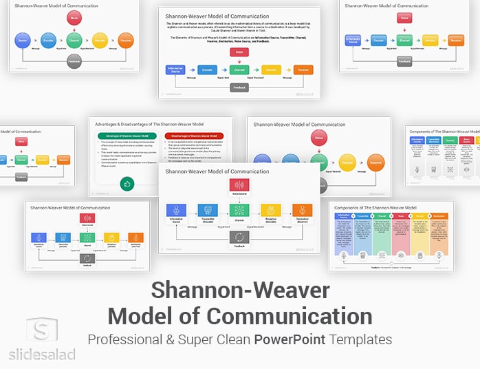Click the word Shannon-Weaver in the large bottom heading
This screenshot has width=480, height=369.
click(x=240, y=291)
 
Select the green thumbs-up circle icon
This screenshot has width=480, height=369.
click(x=127, y=183)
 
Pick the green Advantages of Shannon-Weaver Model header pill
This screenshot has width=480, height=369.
click(x=129, y=136)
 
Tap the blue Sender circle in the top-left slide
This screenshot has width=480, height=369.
click(x=23, y=40)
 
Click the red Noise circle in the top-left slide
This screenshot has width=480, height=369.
click(x=74, y=16)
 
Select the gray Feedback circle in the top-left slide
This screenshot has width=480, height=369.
click(x=74, y=62)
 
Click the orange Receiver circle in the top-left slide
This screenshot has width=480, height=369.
click(x=126, y=40)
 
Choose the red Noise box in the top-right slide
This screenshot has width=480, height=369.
click(x=405, y=18)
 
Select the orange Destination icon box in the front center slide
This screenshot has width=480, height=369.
click(x=303, y=210)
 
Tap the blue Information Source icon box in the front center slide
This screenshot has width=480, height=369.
click(x=177, y=210)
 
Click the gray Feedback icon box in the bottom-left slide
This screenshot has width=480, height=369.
click(x=87, y=259)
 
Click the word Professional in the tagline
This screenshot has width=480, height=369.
click(x=129, y=339)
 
